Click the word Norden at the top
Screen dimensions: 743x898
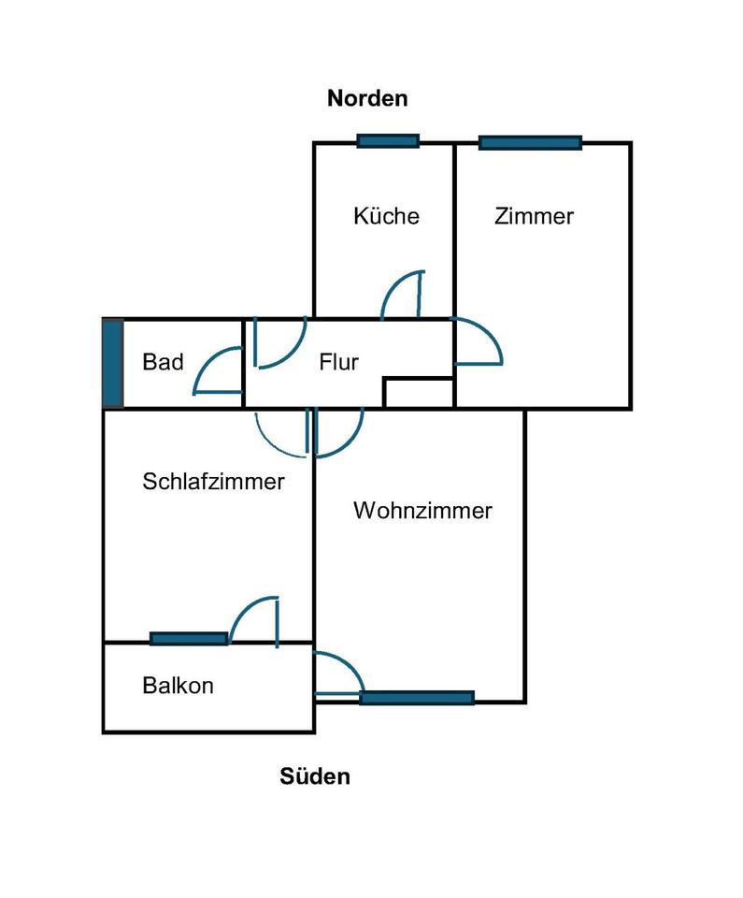pyautogui.click(x=367, y=98)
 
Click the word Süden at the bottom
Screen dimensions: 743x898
pyautogui.click(x=315, y=776)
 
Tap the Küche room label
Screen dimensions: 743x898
pyautogui.click(x=386, y=216)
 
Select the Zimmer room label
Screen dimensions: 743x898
pyautogui.click(x=534, y=216)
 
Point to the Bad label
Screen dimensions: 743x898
pyautogui.click(x=163, y=362)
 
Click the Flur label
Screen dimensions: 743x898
pyautogui.click(x=338, y=362)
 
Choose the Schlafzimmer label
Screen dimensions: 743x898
pyautogui.click(x=213, y=482)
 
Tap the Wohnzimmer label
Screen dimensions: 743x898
pyautogui.click(x=422, y=512)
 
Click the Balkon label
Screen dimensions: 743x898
pyautogui.click(x=178, y=686)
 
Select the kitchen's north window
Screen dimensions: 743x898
pyautogui.click(x=388, y=141)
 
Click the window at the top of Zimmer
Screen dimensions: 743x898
pyautogui.click(x=530, y=143)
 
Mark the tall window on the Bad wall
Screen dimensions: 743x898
pyautogui.click(x=112, y=363)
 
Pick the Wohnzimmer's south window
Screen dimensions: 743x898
pyautogui.click(x=417, y=697)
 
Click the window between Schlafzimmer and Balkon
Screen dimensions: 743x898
pyautogui.click(x=189, y=639)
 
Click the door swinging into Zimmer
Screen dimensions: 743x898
pyautogui.click(x=479, y=341)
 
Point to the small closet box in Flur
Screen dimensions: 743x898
pyautogui.click(x=418, y=393)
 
